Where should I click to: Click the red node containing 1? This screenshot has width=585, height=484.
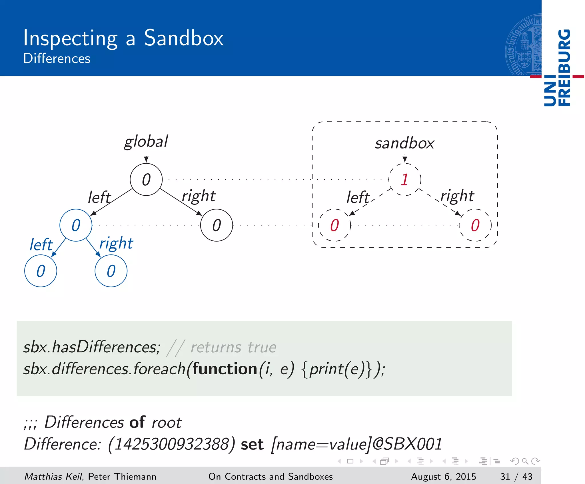point(404,180)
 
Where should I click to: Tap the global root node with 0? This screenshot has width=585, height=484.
point(146,180)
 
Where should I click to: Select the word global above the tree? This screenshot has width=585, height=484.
point(146,142)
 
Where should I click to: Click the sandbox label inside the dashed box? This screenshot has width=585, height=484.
point(404,143)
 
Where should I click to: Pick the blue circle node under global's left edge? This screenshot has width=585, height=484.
point(76,225)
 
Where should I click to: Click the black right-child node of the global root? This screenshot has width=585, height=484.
point(217,225)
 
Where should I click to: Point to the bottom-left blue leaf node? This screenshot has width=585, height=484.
point(41,271)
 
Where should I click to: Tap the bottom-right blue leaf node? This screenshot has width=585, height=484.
point(111,271)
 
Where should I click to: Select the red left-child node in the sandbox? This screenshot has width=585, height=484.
point(334,225)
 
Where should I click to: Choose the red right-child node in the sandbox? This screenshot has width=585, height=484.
point(475,225)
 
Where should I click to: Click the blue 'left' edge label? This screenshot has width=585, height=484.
point(41,245)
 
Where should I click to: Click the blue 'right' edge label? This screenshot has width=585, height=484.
point(116,244)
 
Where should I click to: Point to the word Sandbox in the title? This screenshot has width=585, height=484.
point(184,38)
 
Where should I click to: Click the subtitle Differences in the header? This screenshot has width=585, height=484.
point(57,59)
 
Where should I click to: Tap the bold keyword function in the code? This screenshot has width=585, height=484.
point(225,369)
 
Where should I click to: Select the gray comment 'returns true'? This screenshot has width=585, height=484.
point(233,348)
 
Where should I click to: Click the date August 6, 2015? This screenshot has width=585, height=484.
point(443,477)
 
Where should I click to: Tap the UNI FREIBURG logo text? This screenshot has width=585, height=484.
point(557,68)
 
